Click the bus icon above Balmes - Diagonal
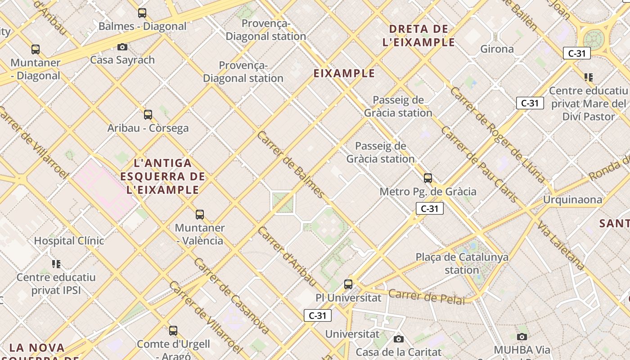(x=142, y=13)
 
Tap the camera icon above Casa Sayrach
(x=122, y=47)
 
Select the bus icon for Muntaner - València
(x=200, y=215)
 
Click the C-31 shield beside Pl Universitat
(x=318, y=315)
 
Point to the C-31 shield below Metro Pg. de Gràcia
(x=429, y=208)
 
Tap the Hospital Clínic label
(x=69, y=241)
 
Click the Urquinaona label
(x=572, y=199)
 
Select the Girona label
(x=497, y=49)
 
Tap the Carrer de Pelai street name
(x=426, y=297)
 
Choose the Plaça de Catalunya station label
(x=462, y=263)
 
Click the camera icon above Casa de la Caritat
(x=398, y=339)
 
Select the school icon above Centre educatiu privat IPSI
(x=56, y=264)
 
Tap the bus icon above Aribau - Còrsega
(x=148, y=115)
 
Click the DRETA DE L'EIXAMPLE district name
(x=418, y=36)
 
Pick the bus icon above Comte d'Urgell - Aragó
(x=173, y=331)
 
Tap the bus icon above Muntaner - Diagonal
(x=36, y=49)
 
